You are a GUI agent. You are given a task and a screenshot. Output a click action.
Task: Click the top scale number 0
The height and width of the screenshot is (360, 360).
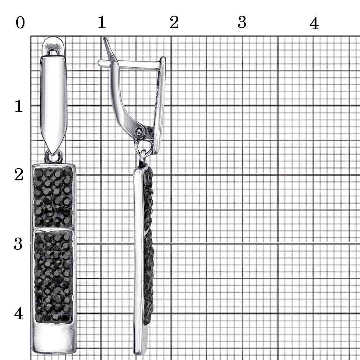coord(20,23)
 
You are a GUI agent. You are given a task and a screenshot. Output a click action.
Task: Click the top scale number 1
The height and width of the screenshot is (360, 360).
coord(102,22)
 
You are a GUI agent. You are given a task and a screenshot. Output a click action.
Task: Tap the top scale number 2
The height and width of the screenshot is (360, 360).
coord(174,22)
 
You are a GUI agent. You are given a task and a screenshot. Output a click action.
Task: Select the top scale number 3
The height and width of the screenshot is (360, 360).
coord(242,22)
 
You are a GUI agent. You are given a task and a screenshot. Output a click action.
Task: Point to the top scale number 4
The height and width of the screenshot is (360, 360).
coord(314,23)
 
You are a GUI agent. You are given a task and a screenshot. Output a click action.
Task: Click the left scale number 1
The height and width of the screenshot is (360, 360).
coord(19,106)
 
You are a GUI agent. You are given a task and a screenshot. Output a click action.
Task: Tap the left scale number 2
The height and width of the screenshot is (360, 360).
coord(19,175)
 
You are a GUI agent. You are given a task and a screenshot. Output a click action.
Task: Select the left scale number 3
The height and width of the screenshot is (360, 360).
coord(18,244)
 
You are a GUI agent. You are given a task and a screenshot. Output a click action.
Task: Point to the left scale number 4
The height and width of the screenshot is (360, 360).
coord(19,314)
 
